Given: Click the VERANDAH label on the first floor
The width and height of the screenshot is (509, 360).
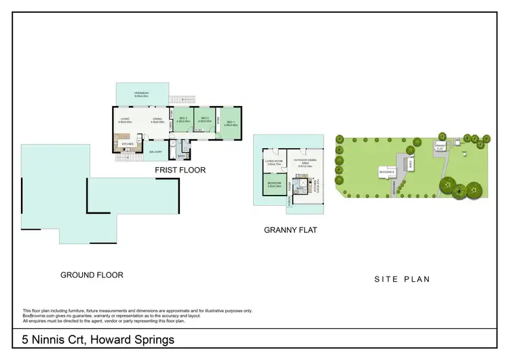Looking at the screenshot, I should (142, 94).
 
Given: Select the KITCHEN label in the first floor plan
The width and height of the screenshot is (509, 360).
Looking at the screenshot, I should (126, 144).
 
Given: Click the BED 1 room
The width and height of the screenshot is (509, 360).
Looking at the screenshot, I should (231, 124).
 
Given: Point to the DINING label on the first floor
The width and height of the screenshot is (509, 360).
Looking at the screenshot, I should (157, 120).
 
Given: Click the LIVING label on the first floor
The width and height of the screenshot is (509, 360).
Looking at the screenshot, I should (125, 120).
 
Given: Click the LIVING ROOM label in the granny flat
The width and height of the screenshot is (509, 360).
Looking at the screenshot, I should (274, 162).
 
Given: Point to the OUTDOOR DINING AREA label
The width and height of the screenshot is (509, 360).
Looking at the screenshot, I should (304, 163).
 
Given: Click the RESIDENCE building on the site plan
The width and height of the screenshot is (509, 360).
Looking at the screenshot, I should (387, 173).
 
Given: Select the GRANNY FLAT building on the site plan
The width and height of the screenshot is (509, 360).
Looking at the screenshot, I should (440, 145).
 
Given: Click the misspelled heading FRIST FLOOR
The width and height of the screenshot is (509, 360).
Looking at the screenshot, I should (180, 170).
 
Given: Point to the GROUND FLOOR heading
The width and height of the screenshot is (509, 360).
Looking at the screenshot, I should (92, 275).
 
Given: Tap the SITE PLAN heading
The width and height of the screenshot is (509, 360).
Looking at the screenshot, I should (402, 278).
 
